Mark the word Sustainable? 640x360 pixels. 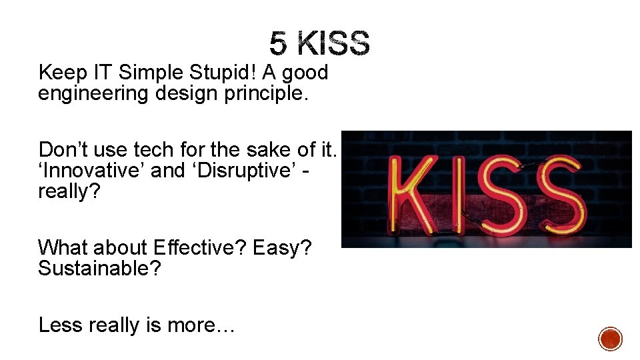click(x=99, y=269)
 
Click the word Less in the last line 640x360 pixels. click(x=61, y=325)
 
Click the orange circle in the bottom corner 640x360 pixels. click(x=610, y=339)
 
